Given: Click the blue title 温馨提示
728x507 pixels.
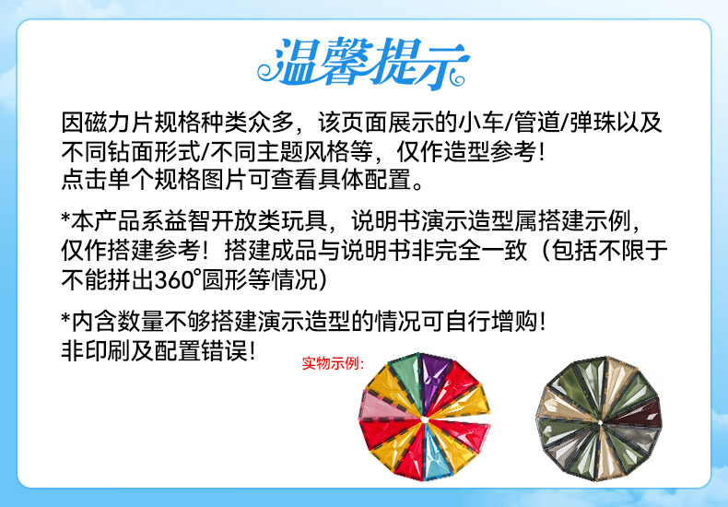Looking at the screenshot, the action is (362, 63).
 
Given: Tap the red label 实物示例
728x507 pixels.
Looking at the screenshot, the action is (333, 363).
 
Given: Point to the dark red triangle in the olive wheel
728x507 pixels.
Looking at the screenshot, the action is (640, 414).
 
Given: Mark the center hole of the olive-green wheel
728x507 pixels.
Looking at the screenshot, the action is (600, 422).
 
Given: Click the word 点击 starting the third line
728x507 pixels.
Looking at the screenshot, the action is (85, 179).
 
